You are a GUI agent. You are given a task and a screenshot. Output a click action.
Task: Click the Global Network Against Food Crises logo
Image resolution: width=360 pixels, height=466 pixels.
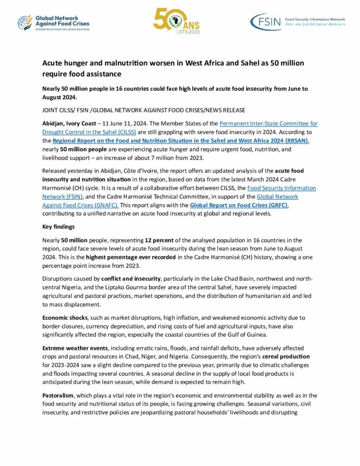coord(53,23)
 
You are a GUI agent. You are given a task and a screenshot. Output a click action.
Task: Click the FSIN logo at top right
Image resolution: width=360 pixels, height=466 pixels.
coord(298,22)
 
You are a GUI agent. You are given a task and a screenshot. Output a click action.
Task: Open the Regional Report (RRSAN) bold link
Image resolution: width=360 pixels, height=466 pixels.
coord(180,141)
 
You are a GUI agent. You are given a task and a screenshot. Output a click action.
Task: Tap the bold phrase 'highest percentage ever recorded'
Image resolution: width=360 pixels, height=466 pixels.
coord(116,257)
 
